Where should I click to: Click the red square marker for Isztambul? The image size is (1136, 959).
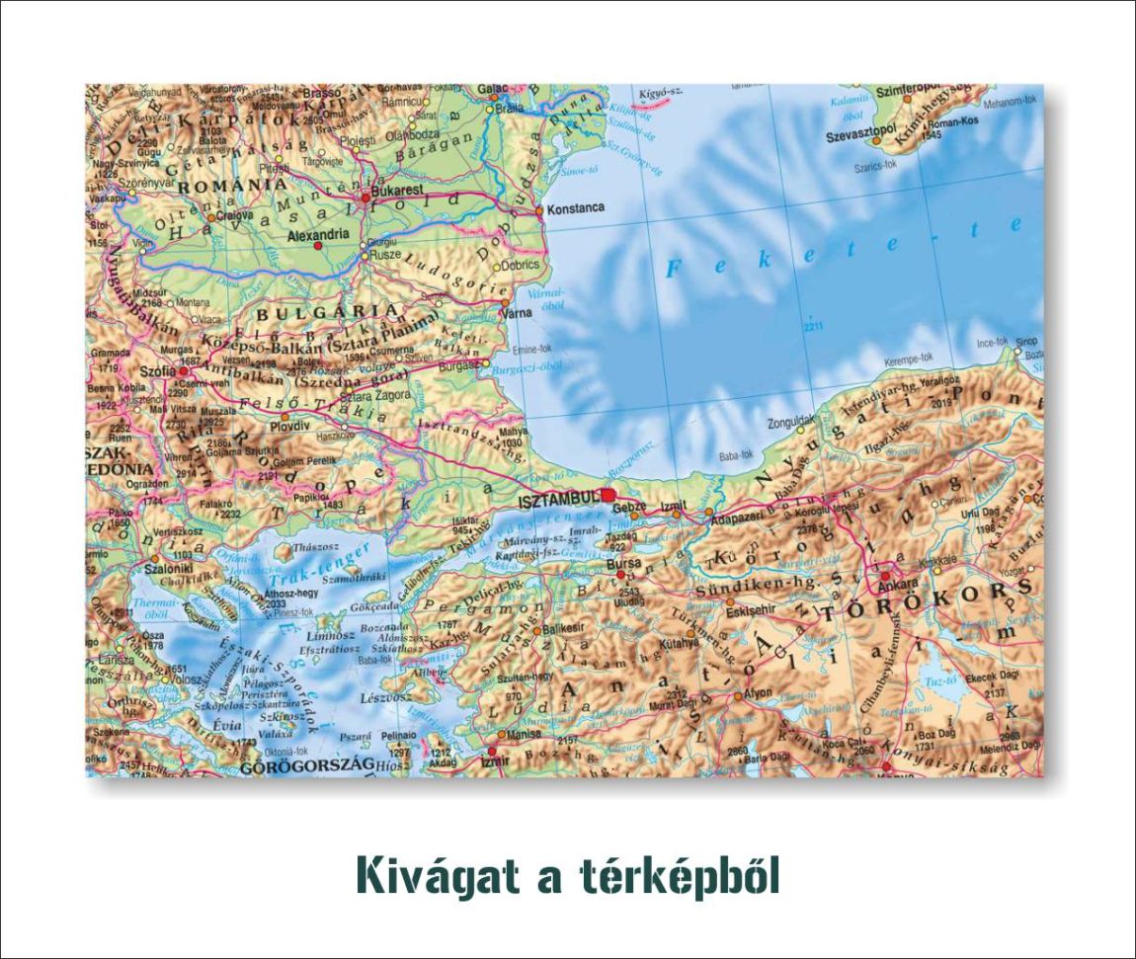pyautogui.click(x=608, y=495)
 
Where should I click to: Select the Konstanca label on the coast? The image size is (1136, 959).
pyautogui.click(x=576, y=209)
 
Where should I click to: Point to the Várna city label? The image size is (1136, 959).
pyautogui.click(x=518, y=313)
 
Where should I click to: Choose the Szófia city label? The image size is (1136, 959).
pyautogui.click(x=158, y=371)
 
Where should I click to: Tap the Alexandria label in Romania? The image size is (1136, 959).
pyautogui.click(x=317, y=235)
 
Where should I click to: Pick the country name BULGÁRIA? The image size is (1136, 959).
pyautogui.click(x=301, y=312)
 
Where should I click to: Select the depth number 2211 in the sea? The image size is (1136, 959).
pyautogui.click(x=813, y=328)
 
